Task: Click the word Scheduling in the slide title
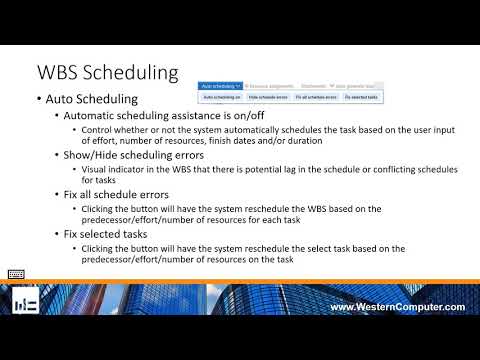click(x=134, y=74)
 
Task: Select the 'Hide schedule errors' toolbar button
click(x=266, y=98)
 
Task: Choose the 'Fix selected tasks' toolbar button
click(x=361, y=98)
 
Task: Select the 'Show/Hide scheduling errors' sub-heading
click(x=120, y=156)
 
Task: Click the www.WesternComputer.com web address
click(x=397, y=306)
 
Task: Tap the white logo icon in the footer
click(x=26, y=304)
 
